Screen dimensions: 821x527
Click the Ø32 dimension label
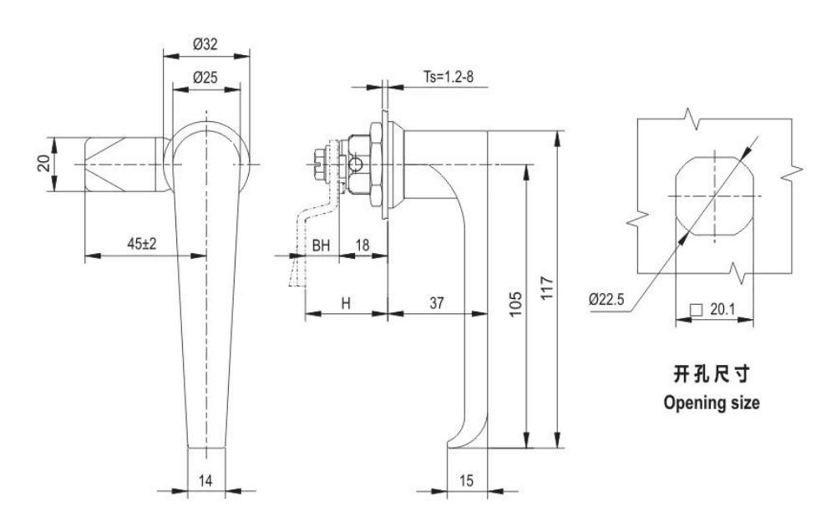tap(205, 44)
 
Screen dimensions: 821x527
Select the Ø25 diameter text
tap(205, 78)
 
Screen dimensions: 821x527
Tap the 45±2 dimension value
tap(141, 243)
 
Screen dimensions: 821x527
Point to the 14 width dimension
tap(205, 480)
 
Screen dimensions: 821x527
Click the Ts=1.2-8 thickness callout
tap(449, 77)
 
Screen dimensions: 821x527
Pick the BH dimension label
tap(322, 245)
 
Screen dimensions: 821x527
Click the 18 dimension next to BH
tap(362, 245)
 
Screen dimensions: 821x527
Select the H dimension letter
tap(346, 303)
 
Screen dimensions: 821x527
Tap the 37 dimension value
tap(437, 303)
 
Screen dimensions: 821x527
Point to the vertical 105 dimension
tap(516, 304)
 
